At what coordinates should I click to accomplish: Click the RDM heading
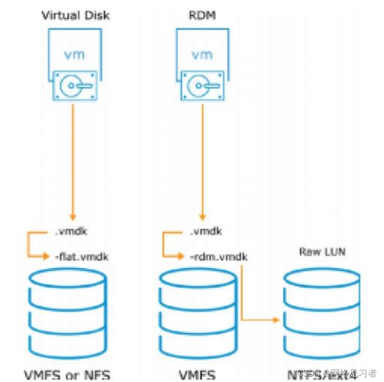(x=202, y=16)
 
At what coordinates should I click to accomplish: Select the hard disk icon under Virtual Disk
(x=75, y=85)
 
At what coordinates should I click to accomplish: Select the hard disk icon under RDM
(x=202, y=85)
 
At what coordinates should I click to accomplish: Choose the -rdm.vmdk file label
(x=218, y=256)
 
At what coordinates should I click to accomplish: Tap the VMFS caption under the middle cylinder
(x=197, y=374)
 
